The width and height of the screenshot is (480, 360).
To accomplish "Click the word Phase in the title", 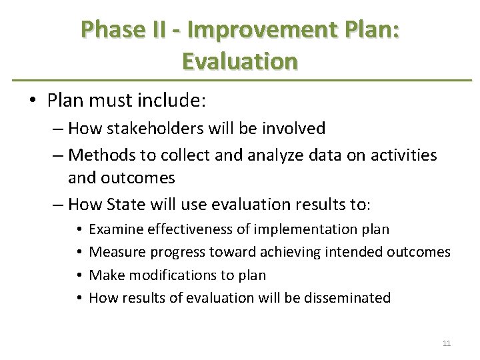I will pos(111,29).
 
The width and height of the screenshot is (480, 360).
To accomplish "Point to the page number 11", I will pos(447,343).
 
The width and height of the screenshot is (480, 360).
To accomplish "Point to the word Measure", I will pos(117,252).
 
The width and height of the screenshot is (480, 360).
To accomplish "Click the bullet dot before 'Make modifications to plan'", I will pos(79,275).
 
